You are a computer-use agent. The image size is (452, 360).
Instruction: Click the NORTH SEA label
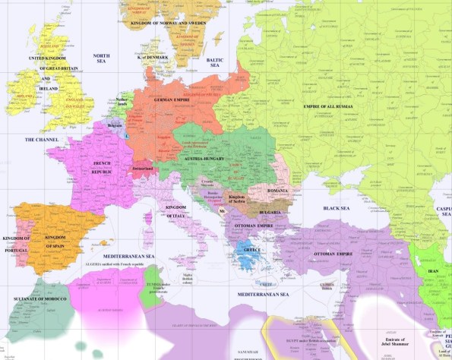pyautogui.click(x=101, y=58)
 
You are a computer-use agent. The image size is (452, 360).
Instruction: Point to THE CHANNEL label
pyautogui.click(x=40, y=140)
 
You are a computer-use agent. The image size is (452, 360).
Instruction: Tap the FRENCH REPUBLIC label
pyautogui.click(x=102, y=168)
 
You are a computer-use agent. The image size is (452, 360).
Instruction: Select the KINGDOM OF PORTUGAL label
pyautogui.click(x=17, y=243)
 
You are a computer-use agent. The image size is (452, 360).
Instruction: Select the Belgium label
pyautogui.click(x=115, y=124)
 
